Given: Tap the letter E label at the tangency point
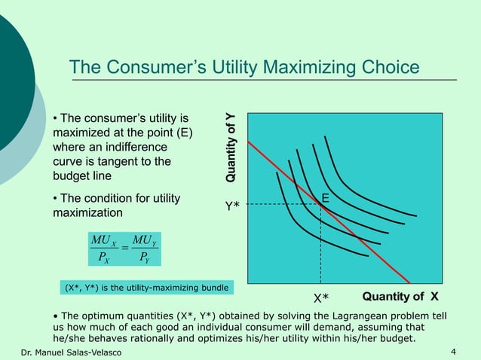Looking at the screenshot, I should pos(326,197).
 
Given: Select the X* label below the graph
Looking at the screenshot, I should pos(321,297).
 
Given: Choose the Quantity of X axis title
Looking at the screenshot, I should pos(400,295).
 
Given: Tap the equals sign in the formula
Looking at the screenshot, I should pos(122,248).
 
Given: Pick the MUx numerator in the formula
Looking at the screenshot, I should pos(102,239).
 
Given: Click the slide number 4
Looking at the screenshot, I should pos(452,352).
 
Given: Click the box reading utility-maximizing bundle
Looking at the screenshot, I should pos(146,287).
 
